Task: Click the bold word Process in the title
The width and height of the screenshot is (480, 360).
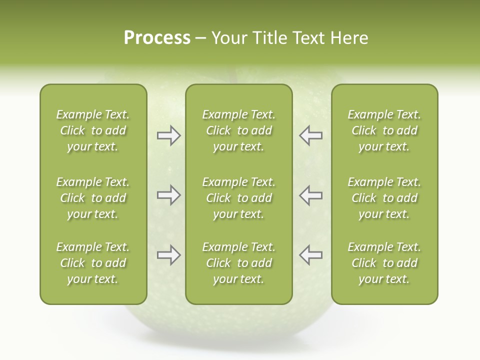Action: pos(157,38)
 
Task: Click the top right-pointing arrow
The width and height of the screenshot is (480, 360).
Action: pos(168,135)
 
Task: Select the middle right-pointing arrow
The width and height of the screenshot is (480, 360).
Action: pos(168,195)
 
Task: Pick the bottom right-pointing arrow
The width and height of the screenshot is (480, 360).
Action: pos(168,255)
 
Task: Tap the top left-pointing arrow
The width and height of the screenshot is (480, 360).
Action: pos(310,135)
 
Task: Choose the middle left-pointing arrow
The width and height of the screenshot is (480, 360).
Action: pos(310,195)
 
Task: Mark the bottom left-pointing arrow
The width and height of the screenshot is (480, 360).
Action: pos(310,255)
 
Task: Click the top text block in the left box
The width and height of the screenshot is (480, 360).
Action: pos(93,130)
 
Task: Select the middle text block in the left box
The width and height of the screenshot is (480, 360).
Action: pos(93,198)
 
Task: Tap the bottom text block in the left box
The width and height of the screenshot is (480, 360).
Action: pos(93,263)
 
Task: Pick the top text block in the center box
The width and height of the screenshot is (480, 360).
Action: pos(238,130)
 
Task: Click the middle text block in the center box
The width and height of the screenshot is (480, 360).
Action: pos(238,198)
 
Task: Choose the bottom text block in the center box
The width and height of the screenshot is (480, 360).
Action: pos(238,263)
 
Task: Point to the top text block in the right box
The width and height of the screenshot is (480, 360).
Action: pos(384,130)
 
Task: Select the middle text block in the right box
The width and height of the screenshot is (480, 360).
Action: pos(384,198)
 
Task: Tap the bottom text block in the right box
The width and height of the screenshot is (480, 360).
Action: pos(384,263)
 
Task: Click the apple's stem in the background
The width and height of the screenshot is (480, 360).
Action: pos(232,75)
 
